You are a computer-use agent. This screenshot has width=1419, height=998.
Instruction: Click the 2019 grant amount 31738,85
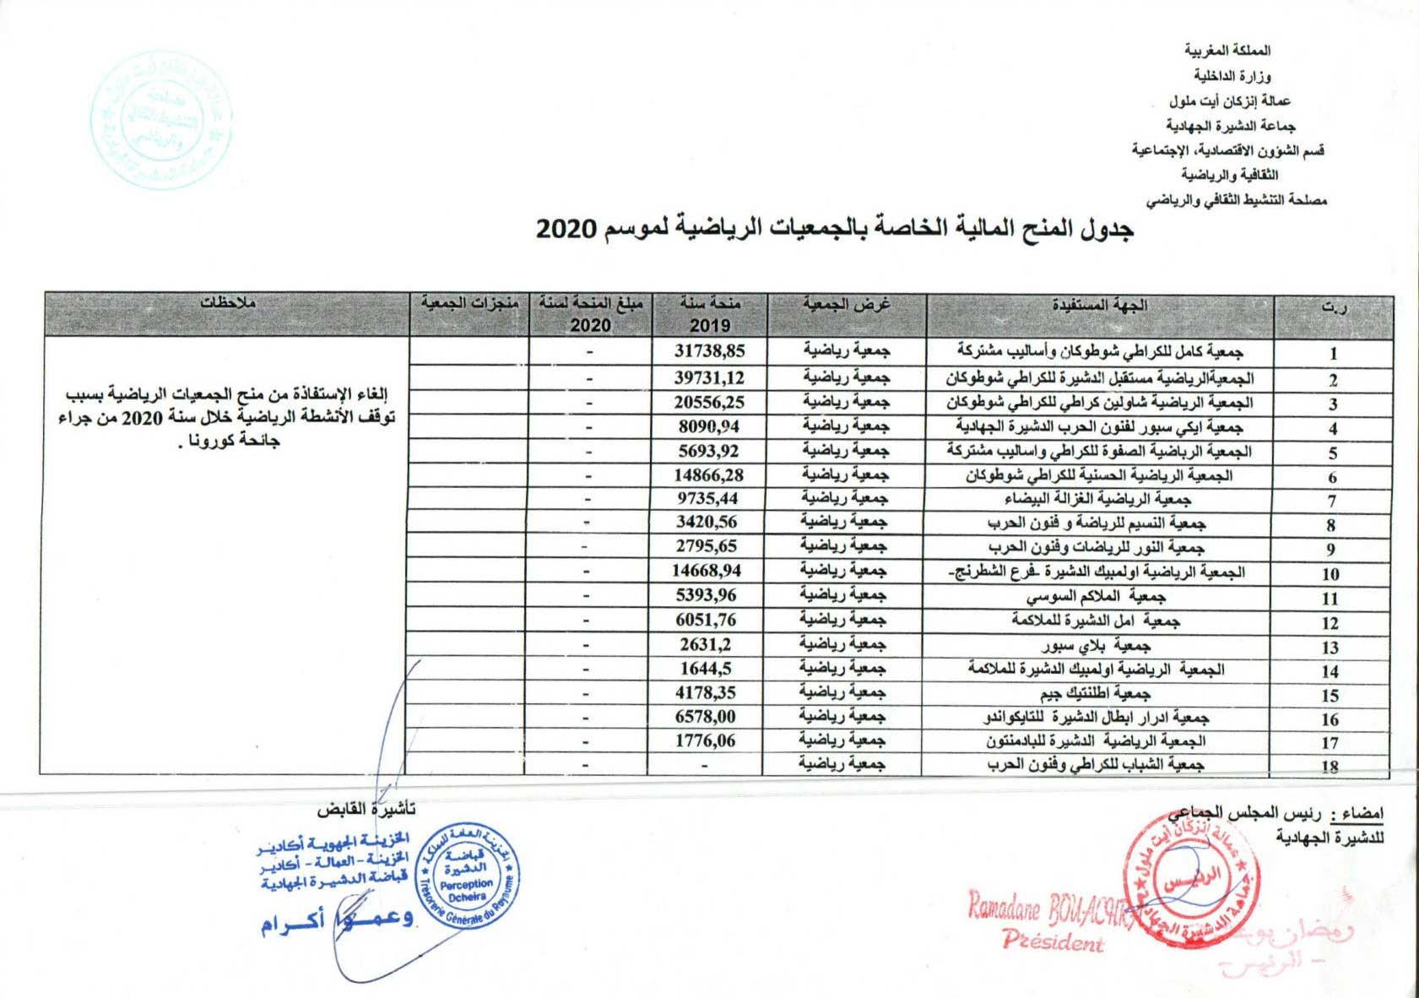pos(709,350)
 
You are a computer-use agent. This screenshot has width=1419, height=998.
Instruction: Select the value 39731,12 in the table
pos(709,377)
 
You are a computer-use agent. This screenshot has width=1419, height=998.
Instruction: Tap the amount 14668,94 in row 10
pos(707,571)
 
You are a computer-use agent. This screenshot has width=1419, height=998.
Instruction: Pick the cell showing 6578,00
pos(705,717)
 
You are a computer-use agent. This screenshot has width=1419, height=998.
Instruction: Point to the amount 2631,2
pos(706,644)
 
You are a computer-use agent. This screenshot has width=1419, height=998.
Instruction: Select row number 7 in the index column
pos(1332,501)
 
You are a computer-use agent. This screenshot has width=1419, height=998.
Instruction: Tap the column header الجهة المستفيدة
pos(1099,306)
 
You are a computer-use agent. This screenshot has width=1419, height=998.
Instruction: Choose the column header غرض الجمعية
pos(847,305)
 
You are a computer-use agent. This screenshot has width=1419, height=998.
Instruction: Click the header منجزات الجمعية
pos(469,304)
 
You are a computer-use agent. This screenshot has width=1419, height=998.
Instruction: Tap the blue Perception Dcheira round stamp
pos(467,877)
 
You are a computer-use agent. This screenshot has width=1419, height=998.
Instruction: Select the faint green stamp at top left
pos(160,120)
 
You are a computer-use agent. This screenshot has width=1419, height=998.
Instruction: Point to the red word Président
pos(1053,941)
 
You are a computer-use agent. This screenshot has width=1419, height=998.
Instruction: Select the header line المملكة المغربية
pos(1227,51)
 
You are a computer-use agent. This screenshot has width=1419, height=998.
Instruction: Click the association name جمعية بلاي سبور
pos(1096,646)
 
